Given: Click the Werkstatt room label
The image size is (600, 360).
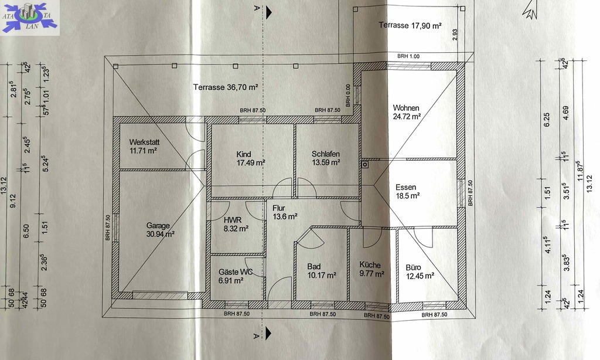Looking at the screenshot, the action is pos(144,142).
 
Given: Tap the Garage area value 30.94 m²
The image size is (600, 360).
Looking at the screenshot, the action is pos(161,234).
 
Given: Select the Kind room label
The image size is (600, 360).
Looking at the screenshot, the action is pos(244,154).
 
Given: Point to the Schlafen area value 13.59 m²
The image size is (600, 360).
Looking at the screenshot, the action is pos(326,162).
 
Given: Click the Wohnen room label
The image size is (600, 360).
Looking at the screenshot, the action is pos(406,108).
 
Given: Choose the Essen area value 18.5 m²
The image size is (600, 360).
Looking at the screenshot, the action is pos(408,196).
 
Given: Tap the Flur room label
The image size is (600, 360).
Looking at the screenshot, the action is pos(278,208).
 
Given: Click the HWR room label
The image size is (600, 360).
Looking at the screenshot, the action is pos(233,220).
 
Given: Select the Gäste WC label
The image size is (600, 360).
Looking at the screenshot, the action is pos(236,272).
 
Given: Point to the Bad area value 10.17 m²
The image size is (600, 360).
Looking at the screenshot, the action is pos(322,275).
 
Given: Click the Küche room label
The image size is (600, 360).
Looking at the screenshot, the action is pos(370,265).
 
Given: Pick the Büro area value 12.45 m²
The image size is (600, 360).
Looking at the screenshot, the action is pos(420,276).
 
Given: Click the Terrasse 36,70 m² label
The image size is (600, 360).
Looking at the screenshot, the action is pos(226,87).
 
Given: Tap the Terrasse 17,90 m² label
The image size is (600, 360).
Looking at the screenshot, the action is pos(410,25).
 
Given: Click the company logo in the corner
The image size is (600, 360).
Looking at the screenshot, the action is pos(30,17).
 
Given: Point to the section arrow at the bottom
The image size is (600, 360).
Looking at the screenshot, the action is pos(268,333).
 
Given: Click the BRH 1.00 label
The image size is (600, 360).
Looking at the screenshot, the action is pos(408,56).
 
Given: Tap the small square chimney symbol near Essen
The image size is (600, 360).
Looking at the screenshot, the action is pos(365,165).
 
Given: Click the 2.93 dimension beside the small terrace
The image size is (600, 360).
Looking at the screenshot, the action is pos(455,35).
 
